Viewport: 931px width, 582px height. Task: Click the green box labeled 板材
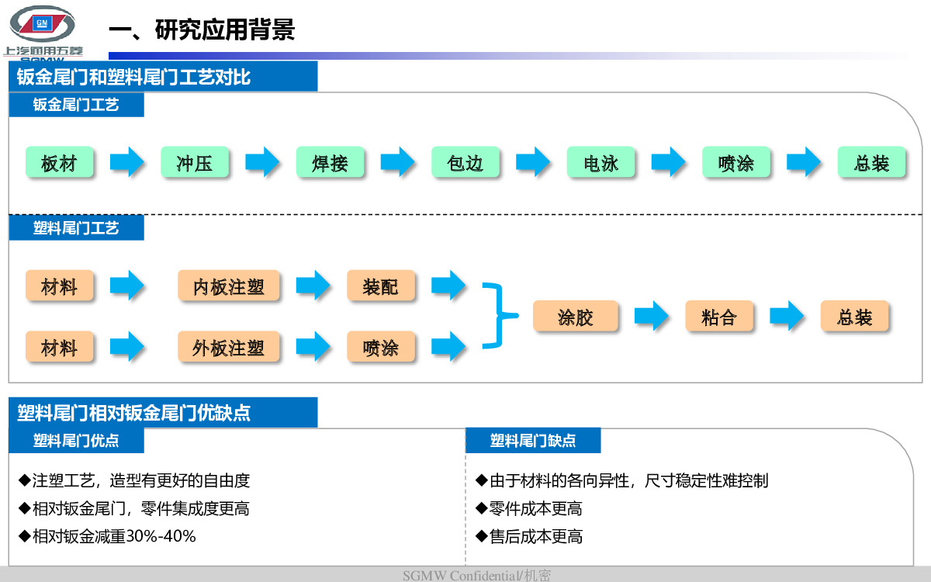click(60, 162)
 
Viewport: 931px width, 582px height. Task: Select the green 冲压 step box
click(195, 162)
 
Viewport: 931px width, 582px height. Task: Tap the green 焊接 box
click(330, 162)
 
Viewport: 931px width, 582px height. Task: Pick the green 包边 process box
click(465, 162)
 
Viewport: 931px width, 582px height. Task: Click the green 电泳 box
click(601, 162)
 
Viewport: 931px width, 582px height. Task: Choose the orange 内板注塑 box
click(229, 286)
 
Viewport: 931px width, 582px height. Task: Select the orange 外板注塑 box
click(229, 347)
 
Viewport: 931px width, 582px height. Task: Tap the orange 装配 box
click(381, 286)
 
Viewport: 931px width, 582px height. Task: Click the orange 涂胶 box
click(576, 316)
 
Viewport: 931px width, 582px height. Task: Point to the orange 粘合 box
click(719, 316)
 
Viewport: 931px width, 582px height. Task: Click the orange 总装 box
click(854, 316)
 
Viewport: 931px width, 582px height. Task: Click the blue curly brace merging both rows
click(501, 316)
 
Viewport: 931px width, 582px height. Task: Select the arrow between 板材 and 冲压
click(126, 161)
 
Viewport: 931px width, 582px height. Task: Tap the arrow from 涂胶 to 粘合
click(651, 316)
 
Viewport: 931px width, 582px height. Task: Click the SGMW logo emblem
click(42, 24)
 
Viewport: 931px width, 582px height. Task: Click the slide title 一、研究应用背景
click(202, 29)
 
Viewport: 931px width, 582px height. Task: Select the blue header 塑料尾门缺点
click(533, 440)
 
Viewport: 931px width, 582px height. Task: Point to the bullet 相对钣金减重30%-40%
click(107, 536)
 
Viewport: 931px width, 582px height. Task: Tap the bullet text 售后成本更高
click(529, 536)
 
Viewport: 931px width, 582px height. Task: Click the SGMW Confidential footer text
click(476, 575)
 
